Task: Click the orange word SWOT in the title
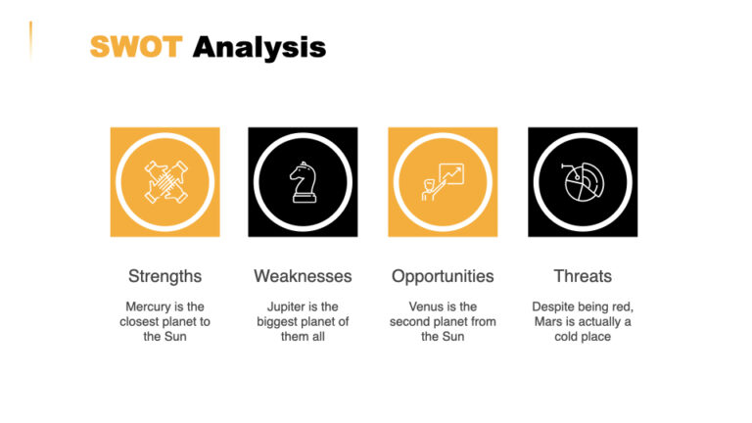point(135,46)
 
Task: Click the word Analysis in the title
point(258,46)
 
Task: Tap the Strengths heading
point(164,276)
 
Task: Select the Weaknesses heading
point(303,276)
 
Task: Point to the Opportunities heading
point(443,276)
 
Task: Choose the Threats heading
point(583,276)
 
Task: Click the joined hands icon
point(164,182)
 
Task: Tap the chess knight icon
point(303,182)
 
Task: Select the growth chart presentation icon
point(443,182)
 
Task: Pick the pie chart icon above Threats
point(583,182)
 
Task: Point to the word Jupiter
point(288,306)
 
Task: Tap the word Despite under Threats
point(553,306)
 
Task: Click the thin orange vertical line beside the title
point(30,40)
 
